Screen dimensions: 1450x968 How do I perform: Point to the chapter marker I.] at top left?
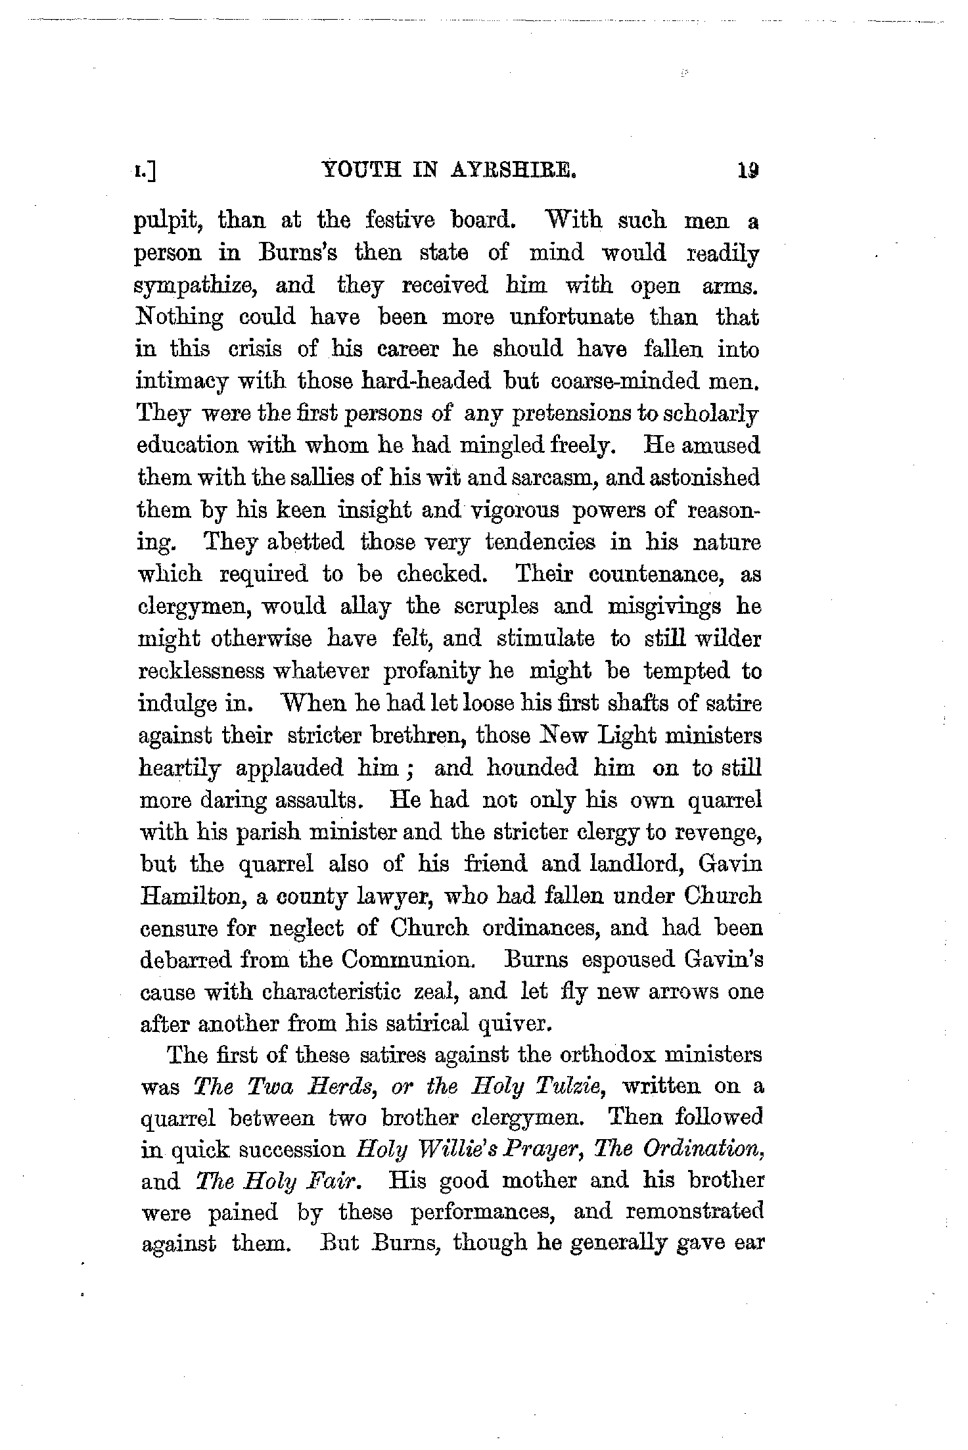(148, 172)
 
